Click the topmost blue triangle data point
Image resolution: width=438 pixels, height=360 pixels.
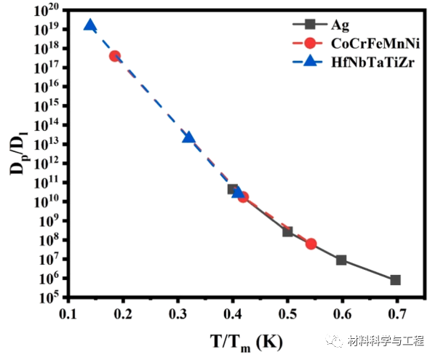click(x=89, y=25)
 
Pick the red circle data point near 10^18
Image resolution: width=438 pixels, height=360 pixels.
click(x=115, y=56)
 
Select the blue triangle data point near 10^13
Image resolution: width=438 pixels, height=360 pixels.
click(x=188, y=137)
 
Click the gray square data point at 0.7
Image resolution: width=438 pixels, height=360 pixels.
click(x=396, y=280)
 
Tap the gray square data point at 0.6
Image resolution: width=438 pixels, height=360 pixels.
click(x=341, y=260)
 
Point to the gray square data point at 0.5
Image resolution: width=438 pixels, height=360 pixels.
click(x=287, y=231)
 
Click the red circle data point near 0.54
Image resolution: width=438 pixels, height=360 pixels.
click(x=311, y=244)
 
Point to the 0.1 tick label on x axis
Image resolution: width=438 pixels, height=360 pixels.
click(x=68, y=313)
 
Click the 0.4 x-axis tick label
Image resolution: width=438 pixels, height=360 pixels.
click(x=232, y=313)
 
